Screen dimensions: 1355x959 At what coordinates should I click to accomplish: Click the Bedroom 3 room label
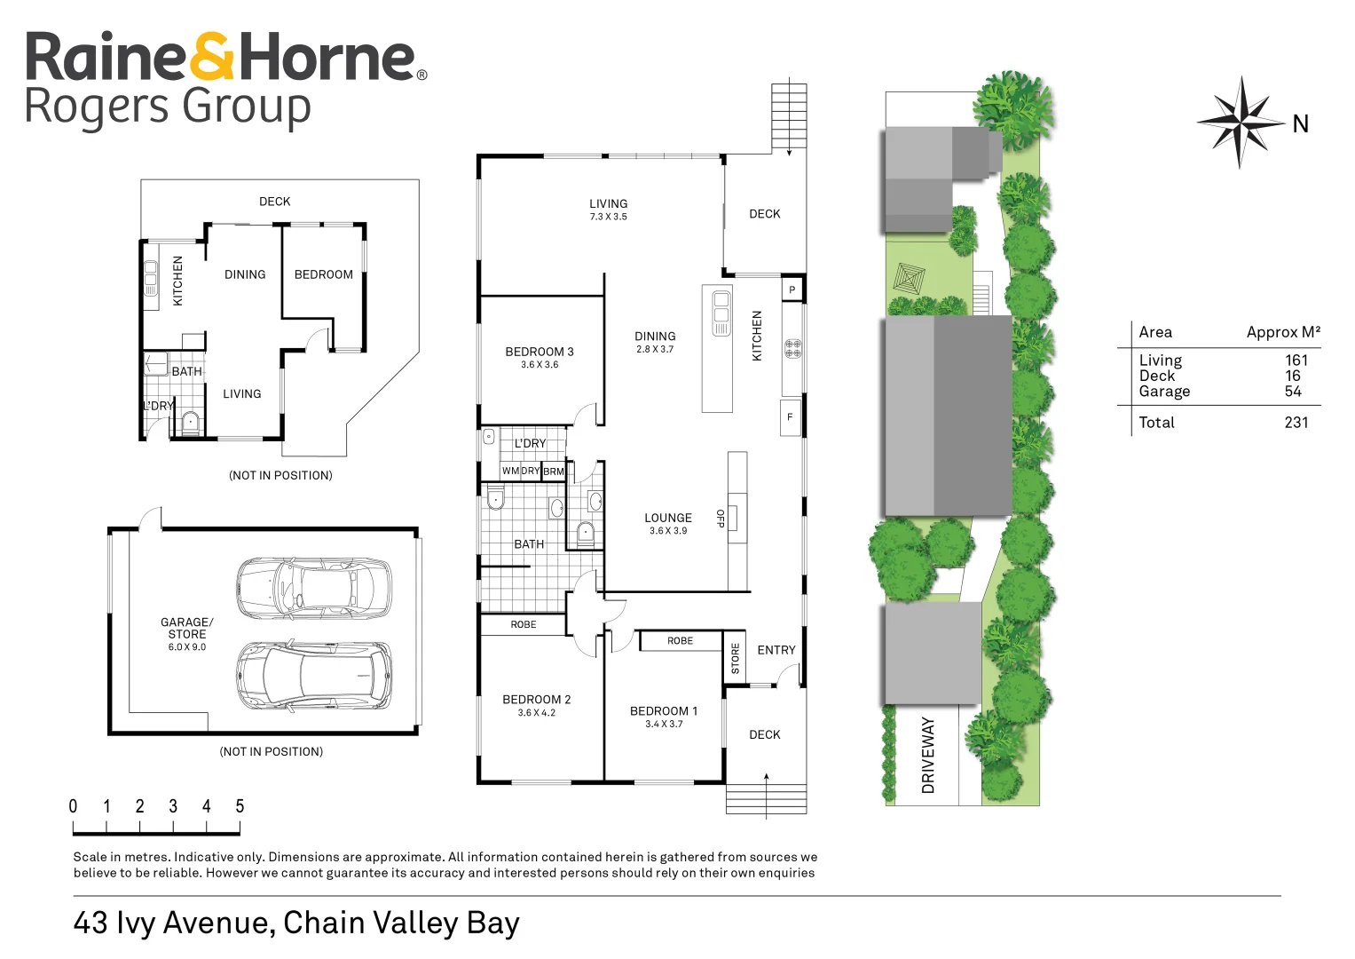[539, 352]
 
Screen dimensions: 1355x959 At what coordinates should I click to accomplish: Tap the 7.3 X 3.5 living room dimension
[609, 217]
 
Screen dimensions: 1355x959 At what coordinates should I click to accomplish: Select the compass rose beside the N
[1241, 123]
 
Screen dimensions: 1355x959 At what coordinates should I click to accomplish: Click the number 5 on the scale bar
[240, 806]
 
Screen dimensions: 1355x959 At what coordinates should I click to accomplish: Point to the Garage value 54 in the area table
[1293, 391]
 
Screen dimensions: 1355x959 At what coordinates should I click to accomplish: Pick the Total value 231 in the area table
[1296, 423]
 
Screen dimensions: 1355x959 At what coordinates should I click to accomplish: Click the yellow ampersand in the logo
[211, 56]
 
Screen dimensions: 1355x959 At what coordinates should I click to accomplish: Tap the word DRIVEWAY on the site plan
[928, 756]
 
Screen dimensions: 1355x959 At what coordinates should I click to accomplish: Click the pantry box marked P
[792, 289]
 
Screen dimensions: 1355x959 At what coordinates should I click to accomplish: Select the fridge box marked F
[790, 417]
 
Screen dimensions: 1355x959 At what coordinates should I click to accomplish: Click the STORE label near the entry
[736, 659]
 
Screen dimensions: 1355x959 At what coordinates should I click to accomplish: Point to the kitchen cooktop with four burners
[793, 349]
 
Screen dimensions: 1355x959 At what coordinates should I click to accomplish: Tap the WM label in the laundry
[510, 471]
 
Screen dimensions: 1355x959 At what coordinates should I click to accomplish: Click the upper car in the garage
[314, 587]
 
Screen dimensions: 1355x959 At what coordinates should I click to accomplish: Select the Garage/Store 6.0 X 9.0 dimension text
[187, 647]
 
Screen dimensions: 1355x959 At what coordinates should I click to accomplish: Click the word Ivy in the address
[137, 923]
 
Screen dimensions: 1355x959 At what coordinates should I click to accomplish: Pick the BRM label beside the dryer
[554, 471]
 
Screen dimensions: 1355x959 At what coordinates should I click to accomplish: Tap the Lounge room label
[668, 518]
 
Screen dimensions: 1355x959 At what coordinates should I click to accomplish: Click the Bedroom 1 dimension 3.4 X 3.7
[664, 724]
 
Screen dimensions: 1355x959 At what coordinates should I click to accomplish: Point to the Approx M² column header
[1284, 332]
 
